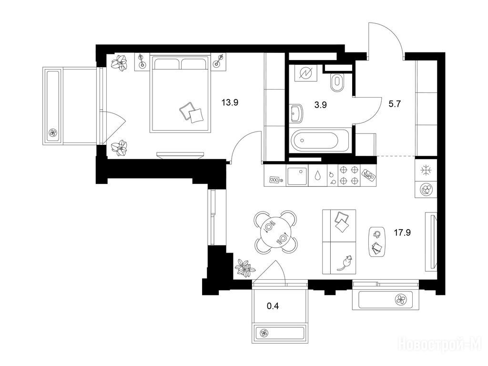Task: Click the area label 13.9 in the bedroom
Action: click(230, 102)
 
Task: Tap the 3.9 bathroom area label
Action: click(320, 105)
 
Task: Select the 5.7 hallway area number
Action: click(394, 104)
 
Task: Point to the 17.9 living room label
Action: click(402, 233)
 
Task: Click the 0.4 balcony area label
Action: click(273, 306)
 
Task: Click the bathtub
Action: click(315, 141)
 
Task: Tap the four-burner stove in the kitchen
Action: click(348, 175)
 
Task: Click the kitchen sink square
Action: click(297, 176)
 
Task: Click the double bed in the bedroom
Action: click(180, 94)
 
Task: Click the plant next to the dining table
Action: click(245, 267)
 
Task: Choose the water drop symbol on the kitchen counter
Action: click(317, 176)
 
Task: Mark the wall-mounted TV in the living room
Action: click(432, 242)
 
